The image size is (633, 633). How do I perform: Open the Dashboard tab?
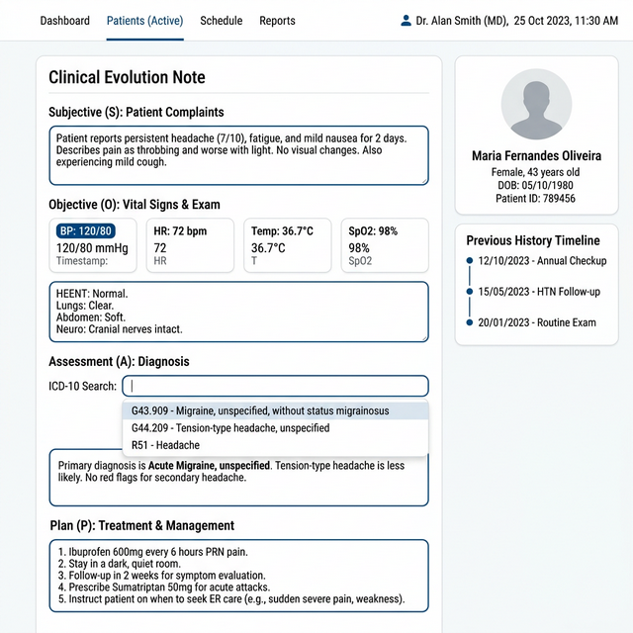point(65,21)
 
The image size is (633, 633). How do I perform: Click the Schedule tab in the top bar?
point(221,21)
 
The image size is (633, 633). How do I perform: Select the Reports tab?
point(277,21)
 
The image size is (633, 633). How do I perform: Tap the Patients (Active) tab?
point(144,21)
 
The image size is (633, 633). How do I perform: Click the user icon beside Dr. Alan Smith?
point(406,21)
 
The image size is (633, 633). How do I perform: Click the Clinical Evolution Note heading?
point(127,77)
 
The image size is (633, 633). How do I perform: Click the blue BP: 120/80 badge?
point(86,231)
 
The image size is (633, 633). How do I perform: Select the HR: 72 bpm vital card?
point(191,245)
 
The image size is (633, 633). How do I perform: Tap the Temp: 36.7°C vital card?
point(287,245)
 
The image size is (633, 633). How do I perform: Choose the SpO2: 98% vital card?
point(384,245)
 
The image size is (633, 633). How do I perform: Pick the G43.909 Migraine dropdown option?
point(275,410)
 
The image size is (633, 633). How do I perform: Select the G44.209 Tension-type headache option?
point(275,428)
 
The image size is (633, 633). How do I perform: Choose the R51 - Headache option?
point(275,446)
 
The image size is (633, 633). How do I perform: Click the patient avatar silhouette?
point(536,105)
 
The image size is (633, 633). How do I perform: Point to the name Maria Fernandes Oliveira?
point(536,156)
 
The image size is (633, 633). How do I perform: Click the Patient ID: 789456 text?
point(536,199)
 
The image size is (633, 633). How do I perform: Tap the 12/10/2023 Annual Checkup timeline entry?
point(541,261)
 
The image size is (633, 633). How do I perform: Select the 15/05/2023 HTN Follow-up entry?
point(538,292)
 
